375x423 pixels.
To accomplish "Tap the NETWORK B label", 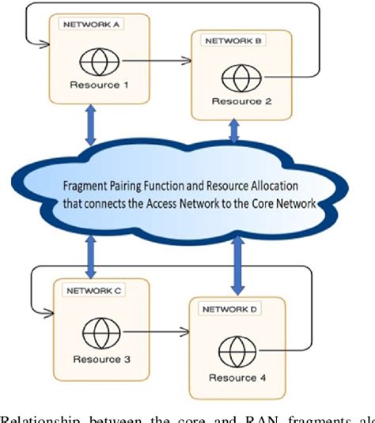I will click(234, 40).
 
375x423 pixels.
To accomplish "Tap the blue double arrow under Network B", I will click(233, 131).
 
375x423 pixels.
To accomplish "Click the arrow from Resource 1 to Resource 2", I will click(162, 59).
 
